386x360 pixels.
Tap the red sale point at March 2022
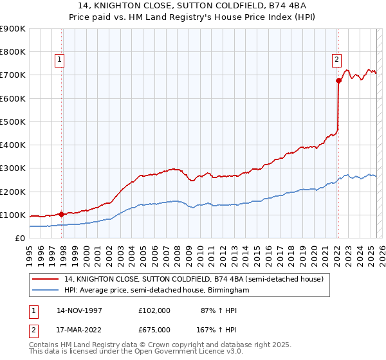[338, 81]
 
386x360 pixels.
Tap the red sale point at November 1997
[62, 214]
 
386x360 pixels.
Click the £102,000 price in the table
[154, 310]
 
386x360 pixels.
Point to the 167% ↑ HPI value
[216, 328]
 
